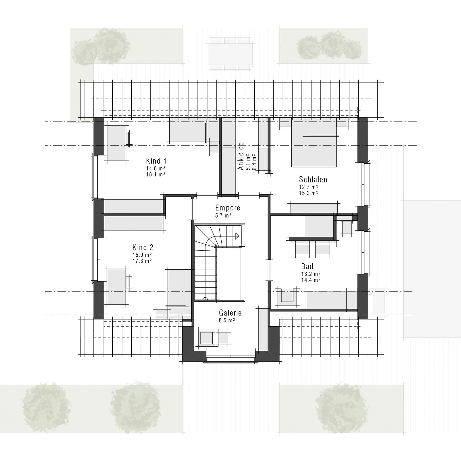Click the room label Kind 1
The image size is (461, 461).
(x=156, y=161)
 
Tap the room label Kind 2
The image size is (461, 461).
(x=143, y=247)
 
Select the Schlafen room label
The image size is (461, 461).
(x=313, y=180)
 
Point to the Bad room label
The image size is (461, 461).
(x=307, y=266)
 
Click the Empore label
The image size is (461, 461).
(x=228, y=208)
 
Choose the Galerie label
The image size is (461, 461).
(x=230, y=313)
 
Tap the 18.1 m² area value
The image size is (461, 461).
(x=156, y=175)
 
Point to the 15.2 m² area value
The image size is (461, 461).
(x=309, y=193)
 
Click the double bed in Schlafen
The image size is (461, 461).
(x=314, y=143)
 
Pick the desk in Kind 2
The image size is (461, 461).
(x=117, y=286)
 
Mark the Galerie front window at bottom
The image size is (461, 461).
(x=231, y=359)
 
